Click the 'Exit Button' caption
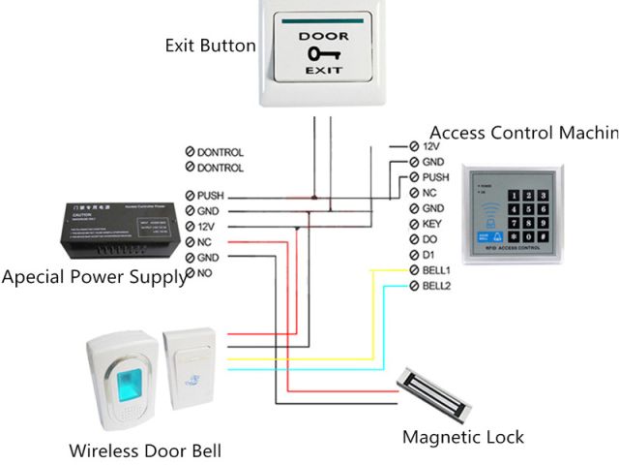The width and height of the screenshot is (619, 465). point(210,46)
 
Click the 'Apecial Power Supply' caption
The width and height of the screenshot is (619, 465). point(94,278)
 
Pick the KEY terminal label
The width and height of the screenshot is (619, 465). point(431,224)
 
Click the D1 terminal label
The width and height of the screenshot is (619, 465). point(428,255)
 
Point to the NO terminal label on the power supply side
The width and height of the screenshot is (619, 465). point(204,274)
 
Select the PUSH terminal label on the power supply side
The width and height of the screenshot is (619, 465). point(210,196)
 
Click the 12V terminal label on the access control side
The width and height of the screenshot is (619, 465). point(431,146)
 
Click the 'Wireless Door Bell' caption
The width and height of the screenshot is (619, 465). point(145,450)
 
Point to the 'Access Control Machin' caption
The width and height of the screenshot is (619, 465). point(522,132)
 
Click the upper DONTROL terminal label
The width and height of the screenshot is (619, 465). point(220,152)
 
